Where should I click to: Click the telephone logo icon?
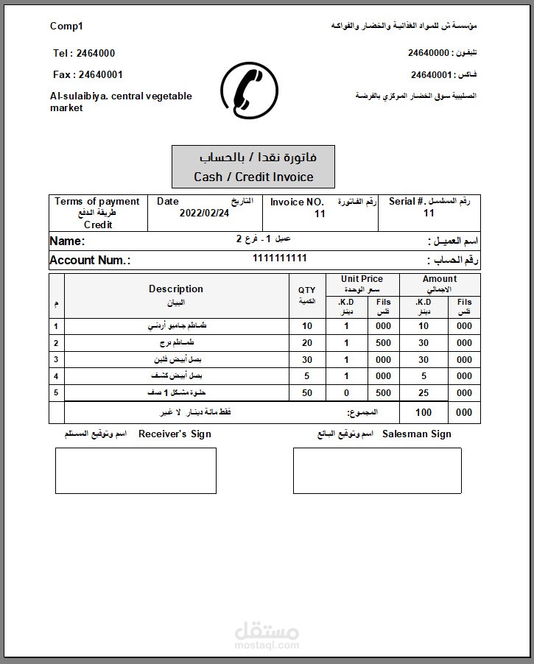pyautogui.click(x=249, y=91)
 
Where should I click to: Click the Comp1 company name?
pyautogui.click(x=66, y=27)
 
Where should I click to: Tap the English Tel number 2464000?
pyautogui.click(x=84, y=53)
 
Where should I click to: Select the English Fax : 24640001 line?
pyautogui.click(x=88, y=74)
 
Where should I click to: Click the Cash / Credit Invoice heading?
pyautogui.click(x=253, y=177)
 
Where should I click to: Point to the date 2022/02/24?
pyautogui.click(x=204, y=213)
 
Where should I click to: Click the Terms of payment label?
pyautogui.click(x=97, y=202)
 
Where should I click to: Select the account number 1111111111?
pyautogui.click(x=279, y=258)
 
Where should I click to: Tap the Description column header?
pyautogui.click(x=176, y=289)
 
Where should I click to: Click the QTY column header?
pyautogui.click(x=306, y=291)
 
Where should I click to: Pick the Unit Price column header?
pyautogui.click(x=362, y=279)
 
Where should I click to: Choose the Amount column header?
pyautogui.click(x=440, y=279)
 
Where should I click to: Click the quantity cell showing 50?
pyautogui.click(x=307, y=393)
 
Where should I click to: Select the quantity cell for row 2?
pyautogui.click(x=307, y=343)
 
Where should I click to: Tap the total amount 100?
pyautogui.click(x=423, y=412)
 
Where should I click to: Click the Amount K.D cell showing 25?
pyautogui.click(x=423, y=393)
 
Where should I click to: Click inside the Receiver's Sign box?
pyautogui.click(x=136, y=470)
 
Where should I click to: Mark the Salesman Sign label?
pyautogui.click(x=416, y=434)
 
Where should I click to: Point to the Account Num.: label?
pyautogui.click(x=90, y=260)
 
